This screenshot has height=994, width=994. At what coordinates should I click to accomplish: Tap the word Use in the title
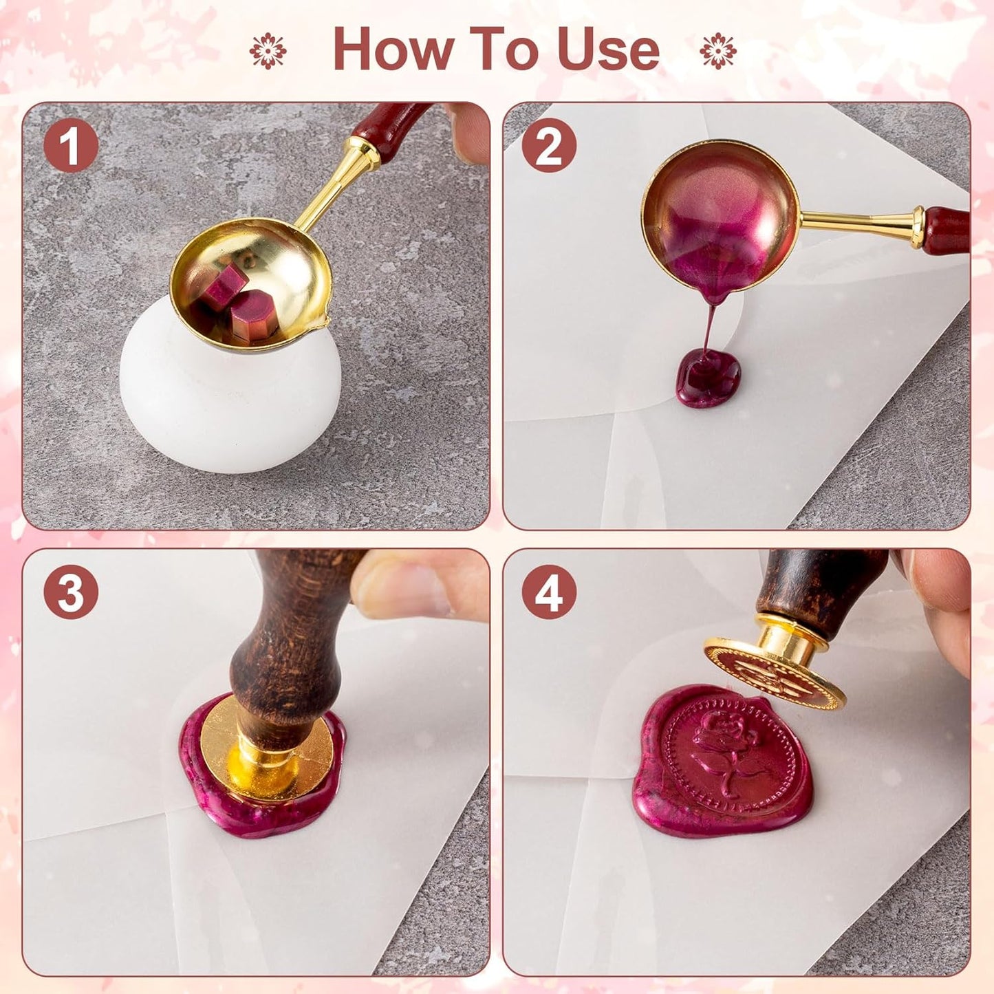(x=608, y=50)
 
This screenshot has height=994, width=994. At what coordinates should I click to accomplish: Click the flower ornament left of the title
(x=268, y=51)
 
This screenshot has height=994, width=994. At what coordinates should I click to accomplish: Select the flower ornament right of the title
(x=717, y=51)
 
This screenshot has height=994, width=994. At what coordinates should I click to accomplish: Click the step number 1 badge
(x=71, y=145)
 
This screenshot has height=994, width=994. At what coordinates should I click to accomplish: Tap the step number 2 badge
(x=548, y=145)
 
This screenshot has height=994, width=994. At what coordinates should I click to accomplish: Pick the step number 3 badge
(x=71, y=592)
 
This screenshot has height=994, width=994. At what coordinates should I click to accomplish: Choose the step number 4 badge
(x=548, y=592)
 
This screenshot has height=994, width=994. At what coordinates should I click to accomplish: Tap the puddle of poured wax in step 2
(x=709, y=378)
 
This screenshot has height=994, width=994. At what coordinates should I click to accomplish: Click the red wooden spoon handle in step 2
(x=947, y=230)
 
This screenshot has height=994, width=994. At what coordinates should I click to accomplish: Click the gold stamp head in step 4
(x=774, y=674)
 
